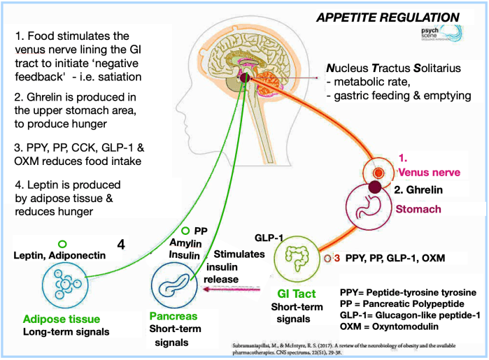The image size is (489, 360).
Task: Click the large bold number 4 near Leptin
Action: pyautogui.click(x=121, y=245)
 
